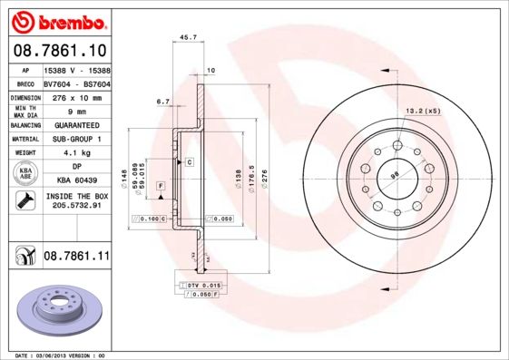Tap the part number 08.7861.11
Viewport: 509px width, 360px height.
76,257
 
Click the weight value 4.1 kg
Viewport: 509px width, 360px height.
76,153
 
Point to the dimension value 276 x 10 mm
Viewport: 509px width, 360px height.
76,96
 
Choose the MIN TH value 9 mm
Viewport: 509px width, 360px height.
76,111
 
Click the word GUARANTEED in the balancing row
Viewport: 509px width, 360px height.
76,124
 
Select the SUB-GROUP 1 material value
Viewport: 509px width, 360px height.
76,139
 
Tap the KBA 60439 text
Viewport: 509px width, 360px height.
76,181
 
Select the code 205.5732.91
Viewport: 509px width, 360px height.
76,207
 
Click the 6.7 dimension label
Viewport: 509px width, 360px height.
163,102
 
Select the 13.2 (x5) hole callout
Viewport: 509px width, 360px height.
422,111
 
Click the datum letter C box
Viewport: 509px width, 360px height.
190,161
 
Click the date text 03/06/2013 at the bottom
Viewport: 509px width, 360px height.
52,355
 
